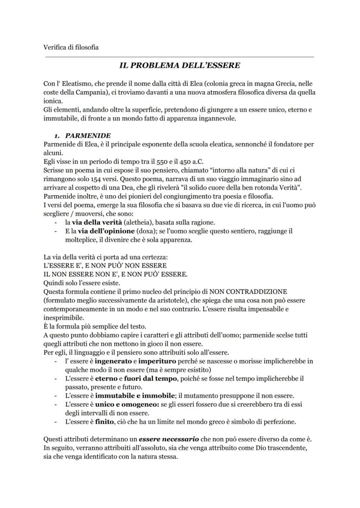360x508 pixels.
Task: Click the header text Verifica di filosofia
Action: (x=71, y=47)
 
